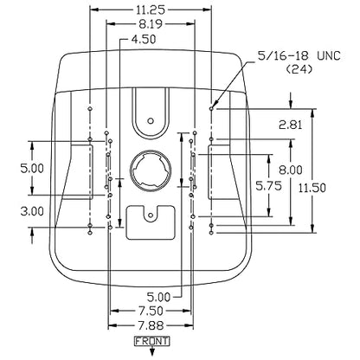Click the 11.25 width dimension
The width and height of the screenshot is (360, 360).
tap(151, 10)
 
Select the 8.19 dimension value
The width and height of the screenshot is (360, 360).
tap(151, 24)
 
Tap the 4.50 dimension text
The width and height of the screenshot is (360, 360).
tap(144, 39)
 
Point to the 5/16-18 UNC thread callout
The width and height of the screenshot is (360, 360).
tap(299, 55)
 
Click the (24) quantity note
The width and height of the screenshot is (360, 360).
tap(299, 69)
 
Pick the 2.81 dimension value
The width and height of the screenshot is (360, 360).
tap(291, 125)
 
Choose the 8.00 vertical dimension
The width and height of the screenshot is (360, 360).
tap(291, 170)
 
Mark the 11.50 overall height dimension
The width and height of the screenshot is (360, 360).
tap(312, 188)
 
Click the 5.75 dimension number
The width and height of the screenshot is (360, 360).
tap(269, 186)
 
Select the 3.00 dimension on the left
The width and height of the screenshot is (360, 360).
tap(32, 211)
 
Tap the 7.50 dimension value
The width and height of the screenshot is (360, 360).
tap(151, 311)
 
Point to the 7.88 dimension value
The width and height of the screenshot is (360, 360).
tap(151, 326)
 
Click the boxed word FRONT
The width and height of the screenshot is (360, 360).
tap(152, 341)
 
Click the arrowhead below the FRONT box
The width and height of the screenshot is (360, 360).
tap(152, 352)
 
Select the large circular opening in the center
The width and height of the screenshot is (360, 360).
tap(151, 170)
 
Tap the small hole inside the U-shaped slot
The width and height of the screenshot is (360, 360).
tap(151, 120)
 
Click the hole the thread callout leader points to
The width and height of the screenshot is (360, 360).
tap(211, 108)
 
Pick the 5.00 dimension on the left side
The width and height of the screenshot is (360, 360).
tap(32, 168)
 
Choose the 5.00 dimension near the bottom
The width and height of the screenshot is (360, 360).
tap(158, 297)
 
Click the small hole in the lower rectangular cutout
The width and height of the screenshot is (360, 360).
tap(151, 215)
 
